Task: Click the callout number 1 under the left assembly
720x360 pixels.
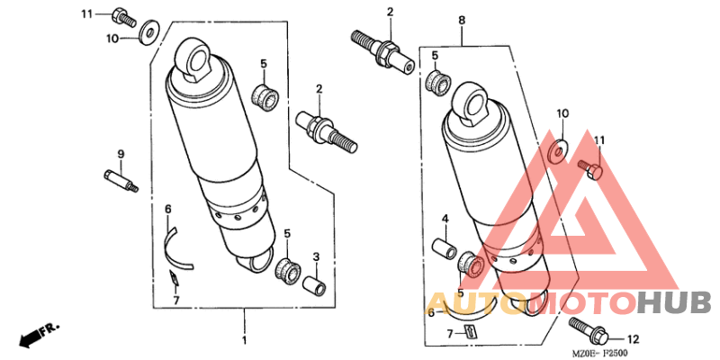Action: pos(244,341)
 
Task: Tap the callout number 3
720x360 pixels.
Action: pos(316,256)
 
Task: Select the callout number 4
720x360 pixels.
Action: pos(445,218)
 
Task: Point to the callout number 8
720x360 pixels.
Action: pos(462,20)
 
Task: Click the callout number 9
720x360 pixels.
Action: pos(121,154)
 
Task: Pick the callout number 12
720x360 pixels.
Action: pos(634,339)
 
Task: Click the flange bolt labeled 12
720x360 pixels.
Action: pos(589,330)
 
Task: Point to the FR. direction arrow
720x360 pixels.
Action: pos(39,334)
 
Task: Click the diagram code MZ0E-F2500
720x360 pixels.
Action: pos(599,353)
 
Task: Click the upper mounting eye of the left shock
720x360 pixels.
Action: pos(193,59)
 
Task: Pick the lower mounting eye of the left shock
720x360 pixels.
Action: pos(256,262)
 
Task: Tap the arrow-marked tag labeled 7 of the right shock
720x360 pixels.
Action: pos(469,330)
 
